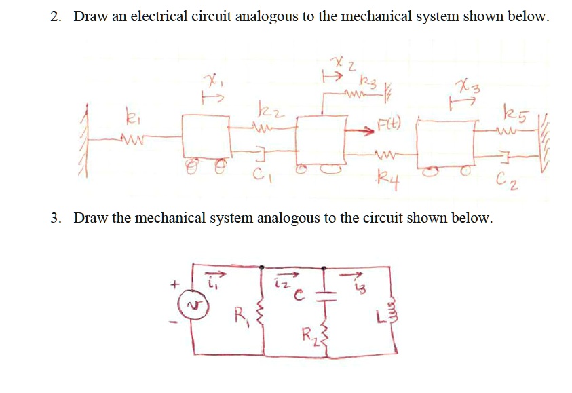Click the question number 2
(x=55, y=16)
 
